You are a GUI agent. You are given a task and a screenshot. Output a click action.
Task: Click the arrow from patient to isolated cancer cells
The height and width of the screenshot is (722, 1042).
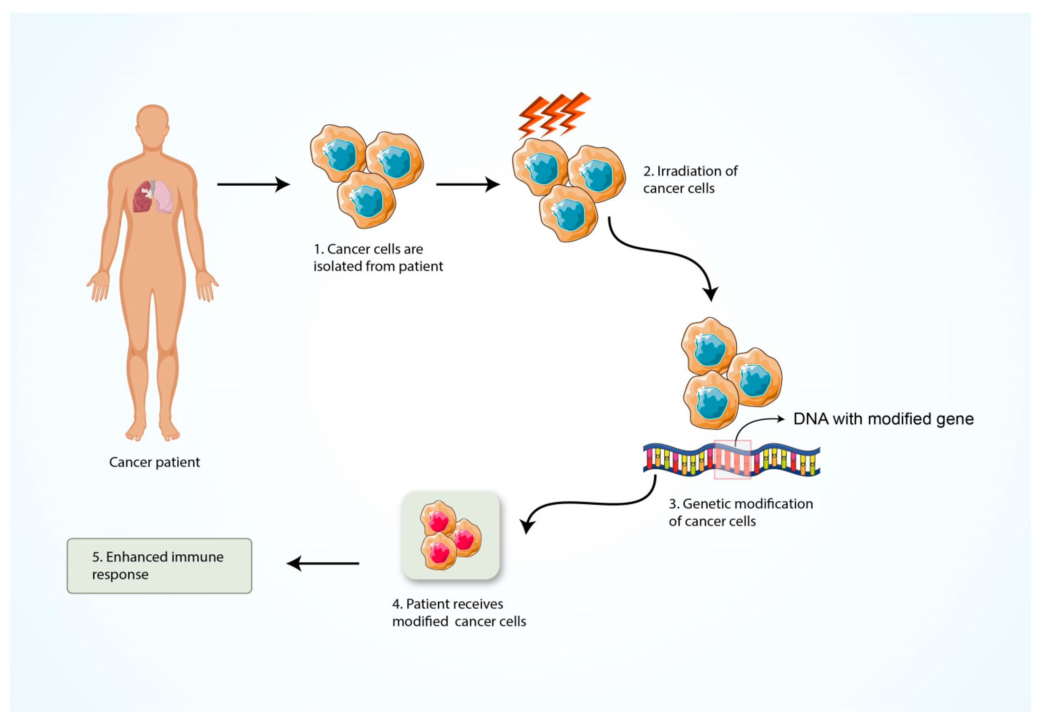coord(254,185)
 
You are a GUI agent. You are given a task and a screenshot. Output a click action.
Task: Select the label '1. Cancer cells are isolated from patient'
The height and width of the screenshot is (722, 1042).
coord(378,257)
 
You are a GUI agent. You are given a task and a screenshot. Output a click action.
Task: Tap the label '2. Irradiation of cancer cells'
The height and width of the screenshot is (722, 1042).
coord(690,180)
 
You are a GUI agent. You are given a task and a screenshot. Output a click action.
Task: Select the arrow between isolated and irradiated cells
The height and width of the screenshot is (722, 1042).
coord(468,185)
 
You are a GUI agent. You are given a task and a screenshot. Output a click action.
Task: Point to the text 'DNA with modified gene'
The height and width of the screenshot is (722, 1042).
coord(883,419)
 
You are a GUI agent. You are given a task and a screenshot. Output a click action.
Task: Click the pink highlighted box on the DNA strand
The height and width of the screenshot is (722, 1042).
coord(732,459)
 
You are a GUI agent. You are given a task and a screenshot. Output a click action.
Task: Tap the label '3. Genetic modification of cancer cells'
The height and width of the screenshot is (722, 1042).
coord(741,513)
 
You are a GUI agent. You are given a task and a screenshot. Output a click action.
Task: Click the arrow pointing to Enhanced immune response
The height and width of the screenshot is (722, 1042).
coord(323,564)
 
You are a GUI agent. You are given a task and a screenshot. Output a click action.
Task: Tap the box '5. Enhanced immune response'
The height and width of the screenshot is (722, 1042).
coord(159,566)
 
